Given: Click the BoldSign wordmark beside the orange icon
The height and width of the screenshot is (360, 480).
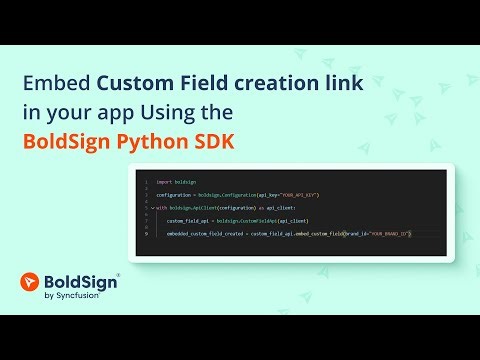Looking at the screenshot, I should pyautogui.click(x=84, y=283).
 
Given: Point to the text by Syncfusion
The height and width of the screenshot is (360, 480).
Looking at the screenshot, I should pyautogui.click(x=77, y=298).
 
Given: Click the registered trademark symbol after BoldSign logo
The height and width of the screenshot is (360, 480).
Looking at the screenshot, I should pyautogui.click(x=120, y=275).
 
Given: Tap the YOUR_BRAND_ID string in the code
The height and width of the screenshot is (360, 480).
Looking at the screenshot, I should pyautogui.click(x=389, y=233).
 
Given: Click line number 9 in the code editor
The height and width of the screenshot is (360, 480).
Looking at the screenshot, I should pyautogui.click(x=146, y=233).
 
